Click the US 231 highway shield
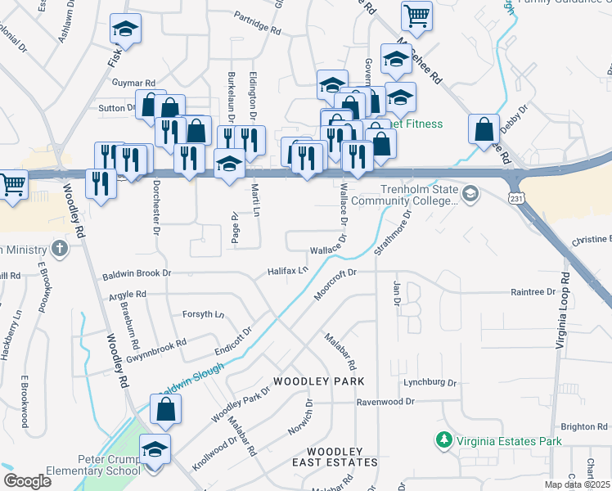[515, 198]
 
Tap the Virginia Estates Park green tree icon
[443, 441]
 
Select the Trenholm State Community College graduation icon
[470, 194]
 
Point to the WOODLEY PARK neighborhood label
[318, 382]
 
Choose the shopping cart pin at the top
[416, 15]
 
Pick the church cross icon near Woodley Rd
[59, 247]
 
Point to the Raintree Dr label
[533, 291]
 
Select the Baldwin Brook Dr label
[137, 277]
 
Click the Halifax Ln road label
[288, 270]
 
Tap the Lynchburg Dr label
[429, 382]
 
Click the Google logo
[27, 481]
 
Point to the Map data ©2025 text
[578, 484]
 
